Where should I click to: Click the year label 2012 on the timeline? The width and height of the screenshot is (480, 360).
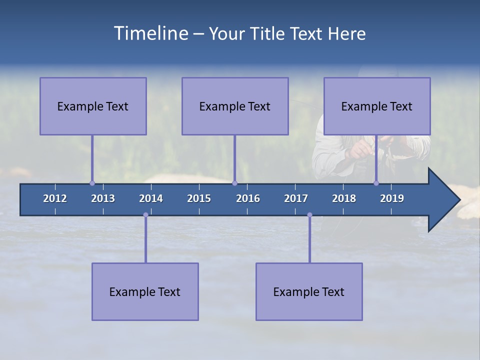point(55,198)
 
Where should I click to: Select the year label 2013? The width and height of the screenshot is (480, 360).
point(103,198)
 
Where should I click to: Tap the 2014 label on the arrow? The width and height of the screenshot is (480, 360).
point(151,198)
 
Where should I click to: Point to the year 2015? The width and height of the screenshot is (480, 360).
point(199,198)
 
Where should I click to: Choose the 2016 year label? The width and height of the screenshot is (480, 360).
point(248,198)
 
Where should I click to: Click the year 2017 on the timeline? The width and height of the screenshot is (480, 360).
point(296,198)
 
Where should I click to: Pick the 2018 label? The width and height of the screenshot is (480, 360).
point(344,198)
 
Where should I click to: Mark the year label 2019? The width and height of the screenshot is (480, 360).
point(392,198)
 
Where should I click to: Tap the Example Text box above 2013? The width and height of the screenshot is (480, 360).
point(93,106)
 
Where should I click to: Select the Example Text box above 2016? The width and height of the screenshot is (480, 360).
point(235,106)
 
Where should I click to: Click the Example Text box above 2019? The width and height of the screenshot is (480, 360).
point(377,106)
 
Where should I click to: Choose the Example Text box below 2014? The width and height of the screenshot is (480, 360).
point(145,291)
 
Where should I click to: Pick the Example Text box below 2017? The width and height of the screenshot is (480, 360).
point(309,291)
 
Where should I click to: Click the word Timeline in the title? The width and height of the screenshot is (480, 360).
point(150,33)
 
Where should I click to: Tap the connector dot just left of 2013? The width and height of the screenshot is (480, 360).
point(92,183)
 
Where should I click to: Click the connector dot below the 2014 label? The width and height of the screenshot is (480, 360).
point(145,215)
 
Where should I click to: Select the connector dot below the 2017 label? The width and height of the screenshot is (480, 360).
point(309,215)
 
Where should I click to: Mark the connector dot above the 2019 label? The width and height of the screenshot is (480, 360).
point(376,183)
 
